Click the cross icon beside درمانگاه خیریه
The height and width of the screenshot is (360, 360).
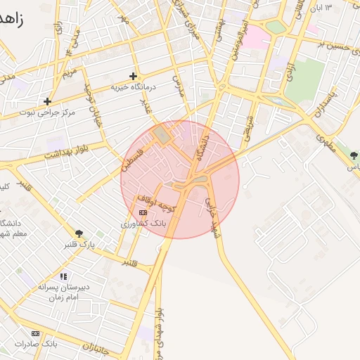(x=133, y=76)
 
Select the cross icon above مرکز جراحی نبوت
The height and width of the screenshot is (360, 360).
(x=47, y=101)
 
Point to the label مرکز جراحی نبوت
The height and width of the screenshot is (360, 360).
(x=46, y=112)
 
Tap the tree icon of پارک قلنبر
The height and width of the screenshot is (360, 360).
(x=78, y=233)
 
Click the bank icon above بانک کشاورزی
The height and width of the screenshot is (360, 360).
(x=143, y=212)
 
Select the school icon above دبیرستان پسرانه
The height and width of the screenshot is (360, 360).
(x=63, y=276)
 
